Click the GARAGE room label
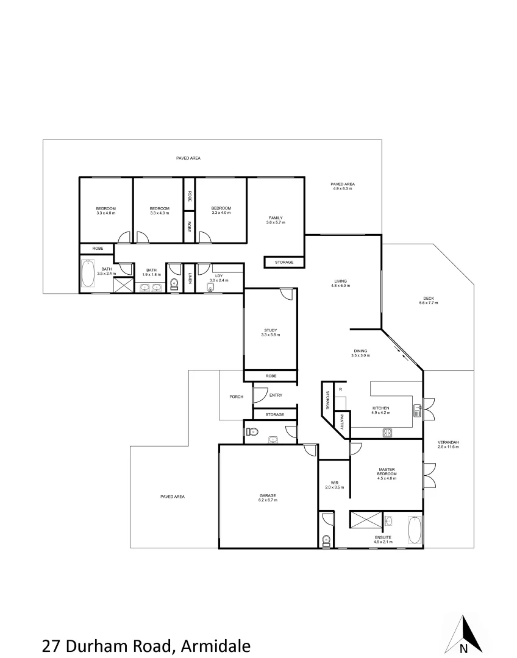click(268, 496)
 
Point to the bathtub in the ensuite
click(415, 529)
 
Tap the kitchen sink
click(418, 410)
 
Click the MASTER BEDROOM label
click(387, 472)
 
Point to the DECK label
click(428, 299)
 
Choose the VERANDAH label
click(448, 442)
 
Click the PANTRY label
click(343, 423)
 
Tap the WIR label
click(334, 483)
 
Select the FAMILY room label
click(276, 218)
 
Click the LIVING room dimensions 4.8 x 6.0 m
click(340, 286)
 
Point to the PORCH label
click(236, 397)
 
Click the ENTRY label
click(276, 395)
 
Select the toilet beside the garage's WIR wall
click(327, 539)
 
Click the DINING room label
click(360, 350)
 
